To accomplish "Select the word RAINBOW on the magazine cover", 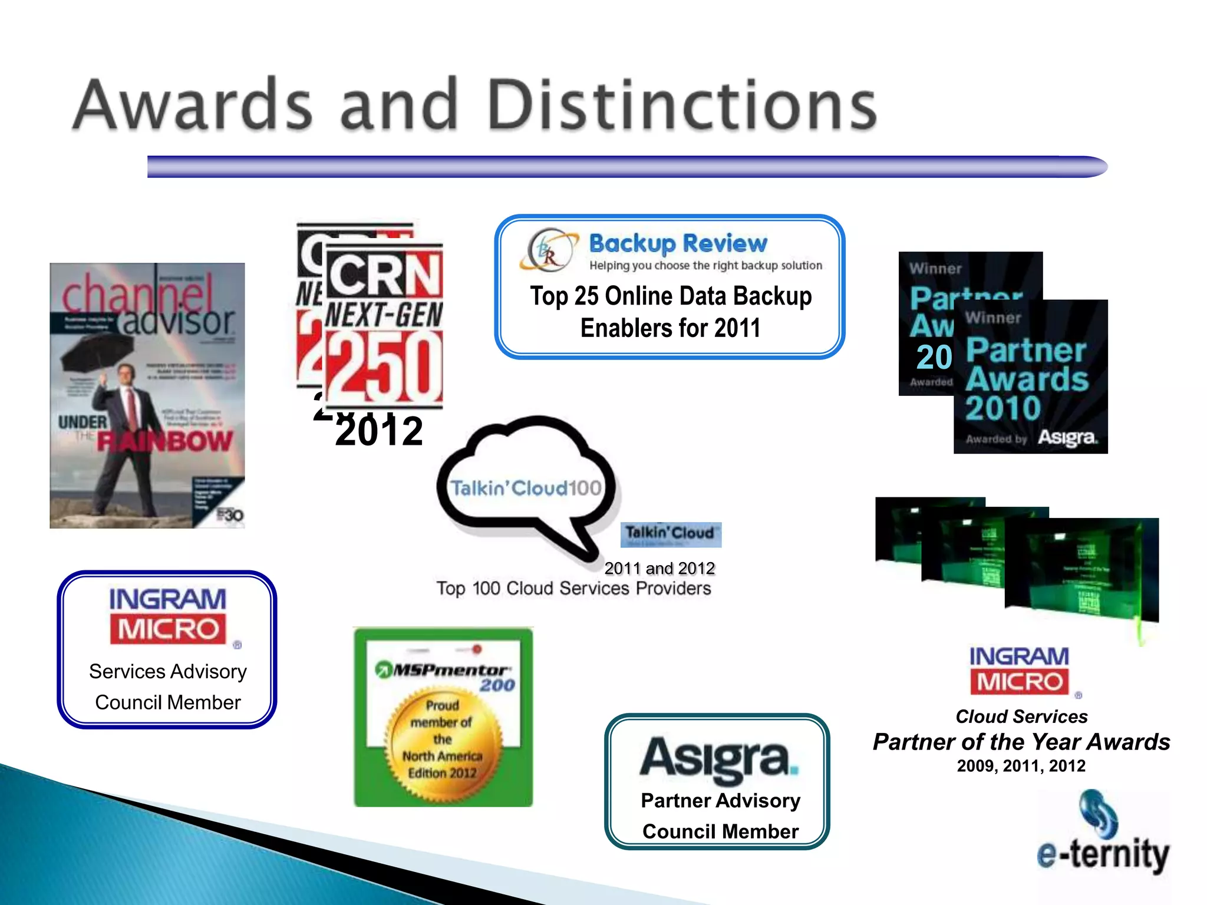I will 165,441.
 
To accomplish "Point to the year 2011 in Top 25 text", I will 737,328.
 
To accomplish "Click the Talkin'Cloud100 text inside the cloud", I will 526,488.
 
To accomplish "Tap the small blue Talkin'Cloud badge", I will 671,534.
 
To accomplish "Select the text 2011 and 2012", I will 659,568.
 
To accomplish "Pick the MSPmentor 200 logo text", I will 446,676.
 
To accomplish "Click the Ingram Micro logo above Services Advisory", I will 168,616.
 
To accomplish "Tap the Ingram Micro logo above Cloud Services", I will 1020,671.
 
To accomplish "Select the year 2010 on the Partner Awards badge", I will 1003,408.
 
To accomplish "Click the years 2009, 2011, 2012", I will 1021,766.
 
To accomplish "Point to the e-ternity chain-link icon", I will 1099,814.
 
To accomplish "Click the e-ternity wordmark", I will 1103,854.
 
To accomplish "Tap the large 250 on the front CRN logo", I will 384,366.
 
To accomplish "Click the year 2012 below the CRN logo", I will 379,431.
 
